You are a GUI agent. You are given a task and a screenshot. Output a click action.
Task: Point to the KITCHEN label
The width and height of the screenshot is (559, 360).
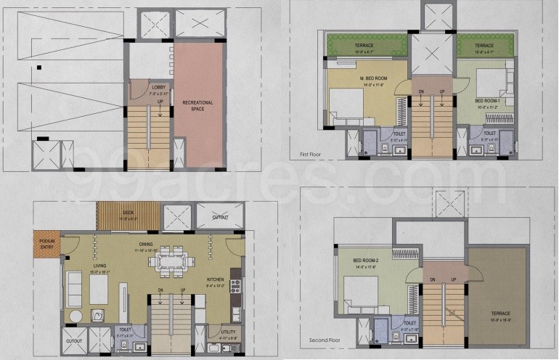(x=215, y=279)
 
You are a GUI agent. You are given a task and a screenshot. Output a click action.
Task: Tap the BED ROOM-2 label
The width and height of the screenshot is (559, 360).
(x=367, y=260)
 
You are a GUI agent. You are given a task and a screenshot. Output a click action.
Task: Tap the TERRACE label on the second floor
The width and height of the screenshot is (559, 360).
(x=495, y=314)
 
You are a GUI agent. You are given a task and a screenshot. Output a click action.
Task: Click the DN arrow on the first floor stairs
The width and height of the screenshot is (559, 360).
(x=420, y=91)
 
